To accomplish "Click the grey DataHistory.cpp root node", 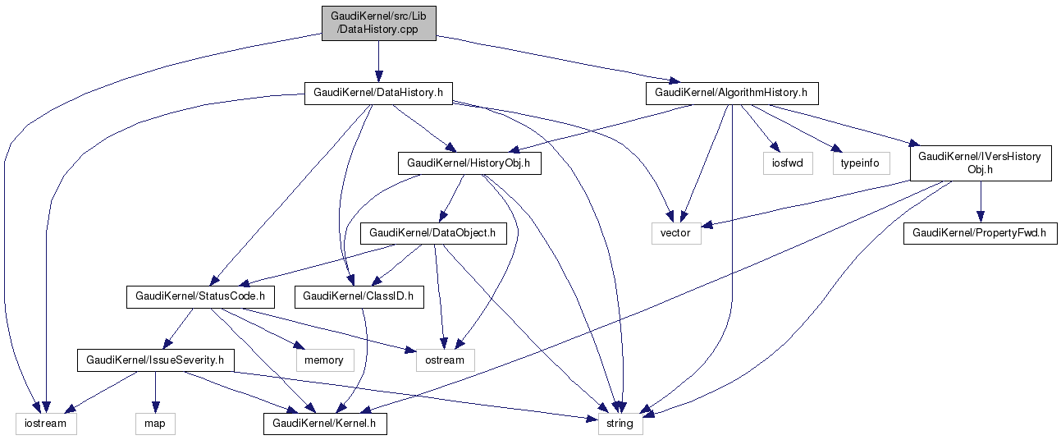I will [378, 22].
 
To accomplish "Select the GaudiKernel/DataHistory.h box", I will [378, 93].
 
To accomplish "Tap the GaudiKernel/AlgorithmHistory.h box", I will [732, 93].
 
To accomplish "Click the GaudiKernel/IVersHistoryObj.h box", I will [980, 163].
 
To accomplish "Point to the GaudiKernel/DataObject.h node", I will [432, 233].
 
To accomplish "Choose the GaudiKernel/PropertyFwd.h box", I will [980, 233].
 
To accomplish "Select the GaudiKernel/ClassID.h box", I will [359, 296].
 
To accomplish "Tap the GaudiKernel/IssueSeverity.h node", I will [155, 360].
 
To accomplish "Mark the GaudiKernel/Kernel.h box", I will [324, 424].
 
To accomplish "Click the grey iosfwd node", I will [787, 163].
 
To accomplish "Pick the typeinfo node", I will [860, 163].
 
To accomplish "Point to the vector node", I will [676, 233].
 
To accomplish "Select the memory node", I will [324, 360].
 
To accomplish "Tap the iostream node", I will [46, 424].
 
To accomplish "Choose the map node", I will [154, 424].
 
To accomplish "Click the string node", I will [620, 424].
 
